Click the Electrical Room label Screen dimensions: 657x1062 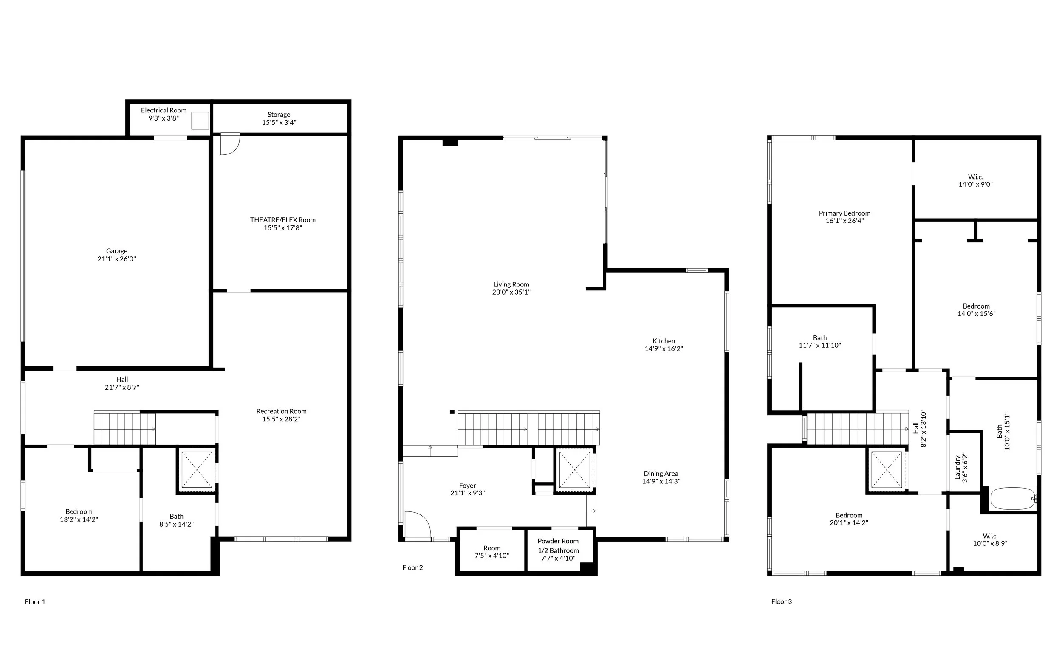tap(164, 110)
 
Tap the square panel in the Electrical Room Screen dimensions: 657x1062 tap(200, 121)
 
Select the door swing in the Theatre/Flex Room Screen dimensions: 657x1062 tap(230, 145)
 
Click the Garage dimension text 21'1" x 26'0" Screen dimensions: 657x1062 tap(116, 259)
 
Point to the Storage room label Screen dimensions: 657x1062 tap(279, 115)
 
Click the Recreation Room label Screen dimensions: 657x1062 tap(281, 412)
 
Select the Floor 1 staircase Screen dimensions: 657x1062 tap(125, 429)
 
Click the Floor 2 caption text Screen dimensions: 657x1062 tap(412, 567)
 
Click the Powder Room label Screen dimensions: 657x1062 tap(558, 541)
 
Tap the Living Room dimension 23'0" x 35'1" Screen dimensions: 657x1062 tap(511, 292)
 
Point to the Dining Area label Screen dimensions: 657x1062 tap(661, 474)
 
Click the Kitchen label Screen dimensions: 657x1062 tap(664, 341)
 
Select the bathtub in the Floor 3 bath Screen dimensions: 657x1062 tap(1012, 499)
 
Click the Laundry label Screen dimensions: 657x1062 tap(957, 468)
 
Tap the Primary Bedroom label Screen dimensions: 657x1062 tap(845, 213)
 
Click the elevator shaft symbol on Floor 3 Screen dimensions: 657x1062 tap(887, 470)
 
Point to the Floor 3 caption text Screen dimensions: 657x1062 tap(782, 602)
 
